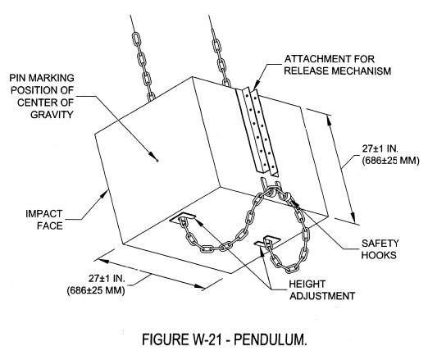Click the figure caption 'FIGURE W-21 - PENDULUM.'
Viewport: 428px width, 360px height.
point(225,339)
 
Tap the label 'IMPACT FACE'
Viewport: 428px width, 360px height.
point(44,220)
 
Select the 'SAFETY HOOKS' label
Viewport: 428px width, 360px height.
point(380,249)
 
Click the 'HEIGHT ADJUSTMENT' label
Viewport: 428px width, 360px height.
point(322,289)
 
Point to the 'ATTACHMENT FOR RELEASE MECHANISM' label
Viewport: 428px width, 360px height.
point(338,65)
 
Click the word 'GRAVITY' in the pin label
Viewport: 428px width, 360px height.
point(52,114)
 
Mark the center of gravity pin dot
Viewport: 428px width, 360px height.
point(157,161)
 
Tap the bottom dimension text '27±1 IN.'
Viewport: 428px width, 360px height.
point(107,278)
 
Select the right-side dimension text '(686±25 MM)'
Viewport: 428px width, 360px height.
point(390,161)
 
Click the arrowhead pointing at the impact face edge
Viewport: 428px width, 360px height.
point(104,195)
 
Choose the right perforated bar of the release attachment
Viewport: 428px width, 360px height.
point(265,132)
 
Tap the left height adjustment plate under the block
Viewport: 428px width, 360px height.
point(183,218)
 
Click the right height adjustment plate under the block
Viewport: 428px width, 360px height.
point(267,241)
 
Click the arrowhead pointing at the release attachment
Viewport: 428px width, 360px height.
point(256,84)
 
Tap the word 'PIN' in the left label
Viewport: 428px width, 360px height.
point(18,78)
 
